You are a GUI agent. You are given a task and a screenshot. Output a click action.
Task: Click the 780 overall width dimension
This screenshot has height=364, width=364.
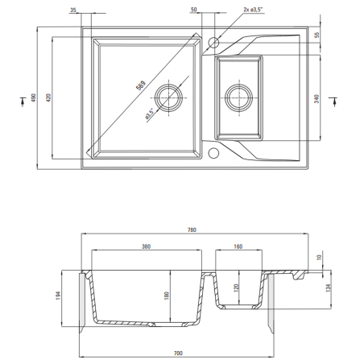pyautogui.click(x=192, y=230)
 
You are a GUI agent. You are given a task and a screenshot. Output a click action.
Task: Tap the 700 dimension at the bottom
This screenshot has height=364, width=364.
pyautogui.click(x=178, y=354)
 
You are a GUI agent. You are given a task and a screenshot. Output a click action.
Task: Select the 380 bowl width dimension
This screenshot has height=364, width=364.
pyautogui.click(x=146, y=246)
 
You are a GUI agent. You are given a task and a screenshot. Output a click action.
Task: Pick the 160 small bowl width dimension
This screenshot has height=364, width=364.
pyautogui.click(x=238, y=246)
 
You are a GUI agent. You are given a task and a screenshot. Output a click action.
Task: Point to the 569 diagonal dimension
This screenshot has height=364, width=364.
pyautogui.click(x=141, y=85)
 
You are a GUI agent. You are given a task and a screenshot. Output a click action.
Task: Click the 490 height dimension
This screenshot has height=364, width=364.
pyautogui.click(x=33, y=97)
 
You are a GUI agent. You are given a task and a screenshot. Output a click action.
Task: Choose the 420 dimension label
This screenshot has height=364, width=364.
pyautogui.click(x=48, y=97)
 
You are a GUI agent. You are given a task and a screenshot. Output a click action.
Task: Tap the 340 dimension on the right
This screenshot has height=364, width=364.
pyautogui.click(x=316, y=99)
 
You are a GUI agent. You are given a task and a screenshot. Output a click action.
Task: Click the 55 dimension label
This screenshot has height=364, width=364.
pyautogui.click(x=317, y=35)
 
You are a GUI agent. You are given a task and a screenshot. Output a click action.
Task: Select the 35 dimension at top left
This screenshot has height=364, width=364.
pyautogui.click(x=73, y=10)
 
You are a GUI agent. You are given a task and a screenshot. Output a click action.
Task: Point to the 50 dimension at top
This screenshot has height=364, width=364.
pyautogui.click(x=193, y=10)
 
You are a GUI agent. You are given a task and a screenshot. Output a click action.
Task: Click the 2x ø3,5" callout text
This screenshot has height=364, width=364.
pyautogui.click(x=253, y=10)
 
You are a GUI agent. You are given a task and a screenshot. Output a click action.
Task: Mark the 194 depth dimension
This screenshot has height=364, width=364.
pyautogui.click(x=58, y=296)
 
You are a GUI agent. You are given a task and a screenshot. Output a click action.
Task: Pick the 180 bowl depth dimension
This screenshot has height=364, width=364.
pyautogui.click(x=167, y=296)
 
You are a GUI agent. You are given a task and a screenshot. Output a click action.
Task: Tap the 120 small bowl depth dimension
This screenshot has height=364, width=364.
pyautogui.click(x=236, y=288)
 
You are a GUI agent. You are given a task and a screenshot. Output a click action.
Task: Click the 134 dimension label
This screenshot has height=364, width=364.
pyautogui.click(x=328, y=287)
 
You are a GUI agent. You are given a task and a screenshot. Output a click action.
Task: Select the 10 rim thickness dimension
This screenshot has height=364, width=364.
pyautogui.click(x=319, y=257)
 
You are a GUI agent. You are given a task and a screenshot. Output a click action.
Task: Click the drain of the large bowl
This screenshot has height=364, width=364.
pyautogui.click(x=169, y=97)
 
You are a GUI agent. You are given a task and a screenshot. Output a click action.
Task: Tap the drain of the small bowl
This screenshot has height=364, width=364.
pyautogui.click(x=239, y=97)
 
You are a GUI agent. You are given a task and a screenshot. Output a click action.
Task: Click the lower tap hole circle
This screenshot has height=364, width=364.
pyautogui.click(x=213, y=153)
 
